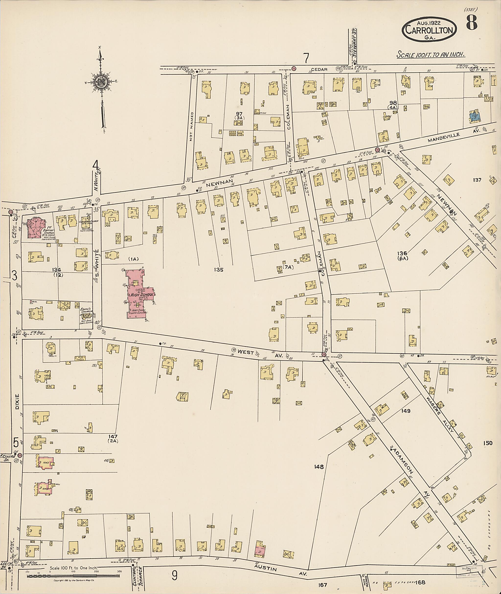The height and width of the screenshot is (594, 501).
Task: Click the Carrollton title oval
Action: coord(429,29)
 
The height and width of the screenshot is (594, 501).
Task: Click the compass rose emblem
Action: coord(101,82)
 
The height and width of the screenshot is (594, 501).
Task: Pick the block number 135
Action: coord(219,270)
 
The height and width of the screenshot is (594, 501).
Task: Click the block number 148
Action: coord(319,467)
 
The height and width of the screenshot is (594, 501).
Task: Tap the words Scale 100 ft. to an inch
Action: coord(431,55)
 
